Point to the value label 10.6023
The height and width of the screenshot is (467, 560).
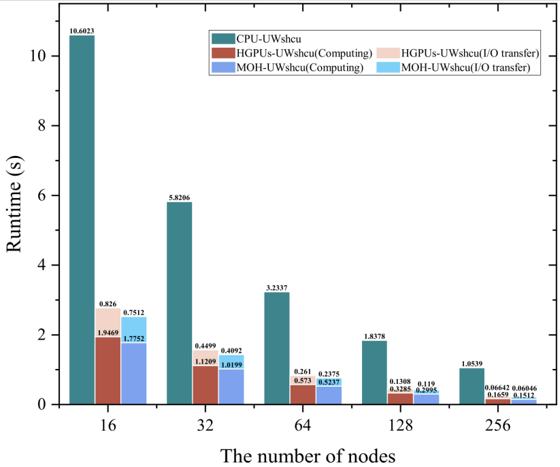point(82,31)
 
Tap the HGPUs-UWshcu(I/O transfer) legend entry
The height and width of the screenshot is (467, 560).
point(467,53)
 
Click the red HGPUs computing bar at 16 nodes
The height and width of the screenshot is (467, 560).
point(108,371)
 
